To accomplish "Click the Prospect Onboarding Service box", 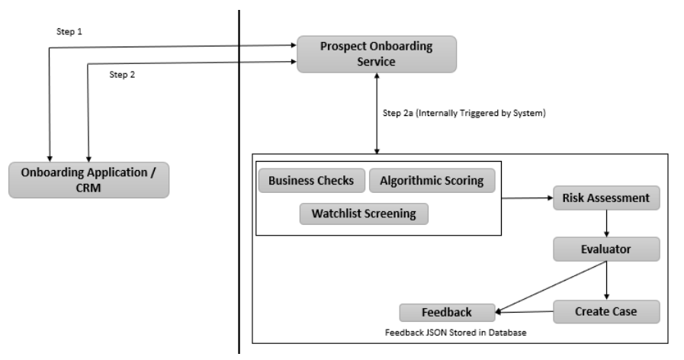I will (x=377, y=54).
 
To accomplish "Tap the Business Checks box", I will (x=311, y=181).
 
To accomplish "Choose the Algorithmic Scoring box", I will (x=432, y=181).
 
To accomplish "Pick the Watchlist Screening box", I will (x=364, y=214).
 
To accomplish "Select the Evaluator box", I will (x=606, y=249).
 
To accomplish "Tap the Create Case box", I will (x=605, y=311).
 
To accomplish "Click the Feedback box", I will (x=447, y=312).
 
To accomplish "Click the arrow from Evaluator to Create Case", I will (x=606, y=279).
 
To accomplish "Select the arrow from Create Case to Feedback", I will (x=524, y=311).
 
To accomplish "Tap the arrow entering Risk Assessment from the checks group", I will (x=526, y=198).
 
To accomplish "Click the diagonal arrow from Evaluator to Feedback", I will (x=551, y=285).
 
